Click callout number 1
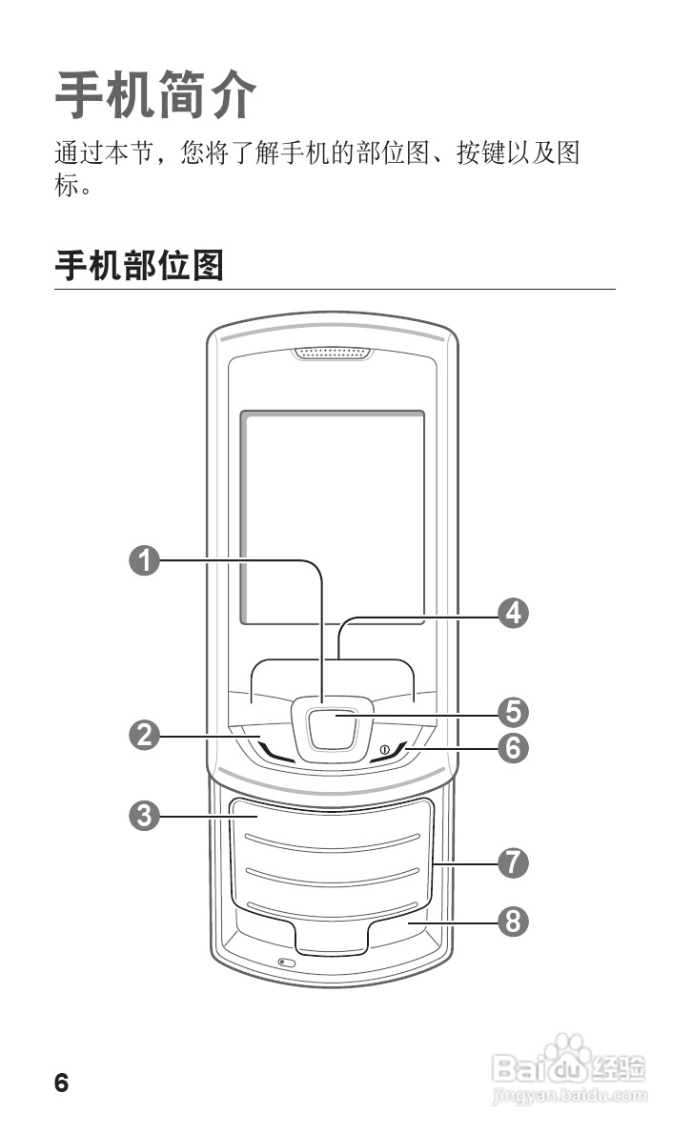coord(144,560)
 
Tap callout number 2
coord(144,735)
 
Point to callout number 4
coord(514,613)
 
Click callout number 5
coord(514,711)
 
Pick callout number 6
coord(514,748)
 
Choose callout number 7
coord(514,863)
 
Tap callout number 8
coord(514,922)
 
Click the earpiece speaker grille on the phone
coord(333,355)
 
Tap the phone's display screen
coord(332,515)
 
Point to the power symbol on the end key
coord(384,751)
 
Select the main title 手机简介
coord(156,94)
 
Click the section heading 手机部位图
coord(139,266)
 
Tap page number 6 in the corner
coord(62,1083)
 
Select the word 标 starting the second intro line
coord(66,184)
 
